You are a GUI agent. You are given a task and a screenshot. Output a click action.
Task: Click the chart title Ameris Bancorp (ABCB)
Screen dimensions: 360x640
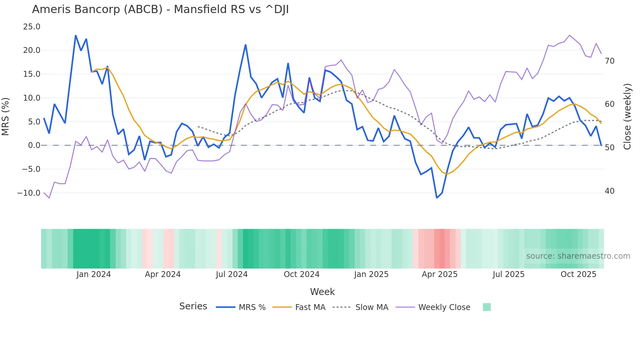pyautogui.click(x=160, y=9)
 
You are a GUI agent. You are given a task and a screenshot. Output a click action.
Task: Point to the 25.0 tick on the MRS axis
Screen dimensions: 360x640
pyautogui.click(x=32, y=27)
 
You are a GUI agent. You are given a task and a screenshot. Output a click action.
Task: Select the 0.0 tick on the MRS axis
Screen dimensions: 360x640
pyautogui.click(x=34, y=145)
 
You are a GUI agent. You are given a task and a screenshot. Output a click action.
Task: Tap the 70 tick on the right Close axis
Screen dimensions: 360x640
pyautogui.click(x=609, y=61)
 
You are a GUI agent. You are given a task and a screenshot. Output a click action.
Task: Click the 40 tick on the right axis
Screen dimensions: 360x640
pyautogui.click(x=609, y=191)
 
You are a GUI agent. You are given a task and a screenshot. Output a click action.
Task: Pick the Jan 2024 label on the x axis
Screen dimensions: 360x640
pyautogui.click(x=94, y=274)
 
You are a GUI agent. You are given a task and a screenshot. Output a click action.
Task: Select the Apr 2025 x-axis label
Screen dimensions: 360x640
pyautogui.click(x=440, y=274)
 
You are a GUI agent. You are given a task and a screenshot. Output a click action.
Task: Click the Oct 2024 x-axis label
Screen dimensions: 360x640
pyautogui.click(x=301, y=274)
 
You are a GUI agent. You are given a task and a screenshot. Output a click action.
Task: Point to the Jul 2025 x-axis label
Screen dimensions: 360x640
pyautogui.click(x=508, y=274)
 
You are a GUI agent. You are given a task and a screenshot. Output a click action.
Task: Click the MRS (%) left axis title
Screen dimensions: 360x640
pyautogui.click(x=6, y=117)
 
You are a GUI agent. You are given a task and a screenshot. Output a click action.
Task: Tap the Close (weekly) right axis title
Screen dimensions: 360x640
pyautogui.click(x=627, y=117)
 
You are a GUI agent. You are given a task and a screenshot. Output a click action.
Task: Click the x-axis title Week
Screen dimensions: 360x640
pyautogui.click(x=322, y=292)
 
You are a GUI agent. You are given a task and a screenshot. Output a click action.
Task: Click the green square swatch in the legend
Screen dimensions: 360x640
pyautogui.click(x=487, y=307)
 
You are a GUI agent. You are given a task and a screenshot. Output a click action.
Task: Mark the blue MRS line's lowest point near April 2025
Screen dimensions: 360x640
pyautogui.click(x=437, y=198)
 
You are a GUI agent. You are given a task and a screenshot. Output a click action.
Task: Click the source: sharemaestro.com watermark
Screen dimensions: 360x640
pyautogui.click(x=578, y=256)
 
